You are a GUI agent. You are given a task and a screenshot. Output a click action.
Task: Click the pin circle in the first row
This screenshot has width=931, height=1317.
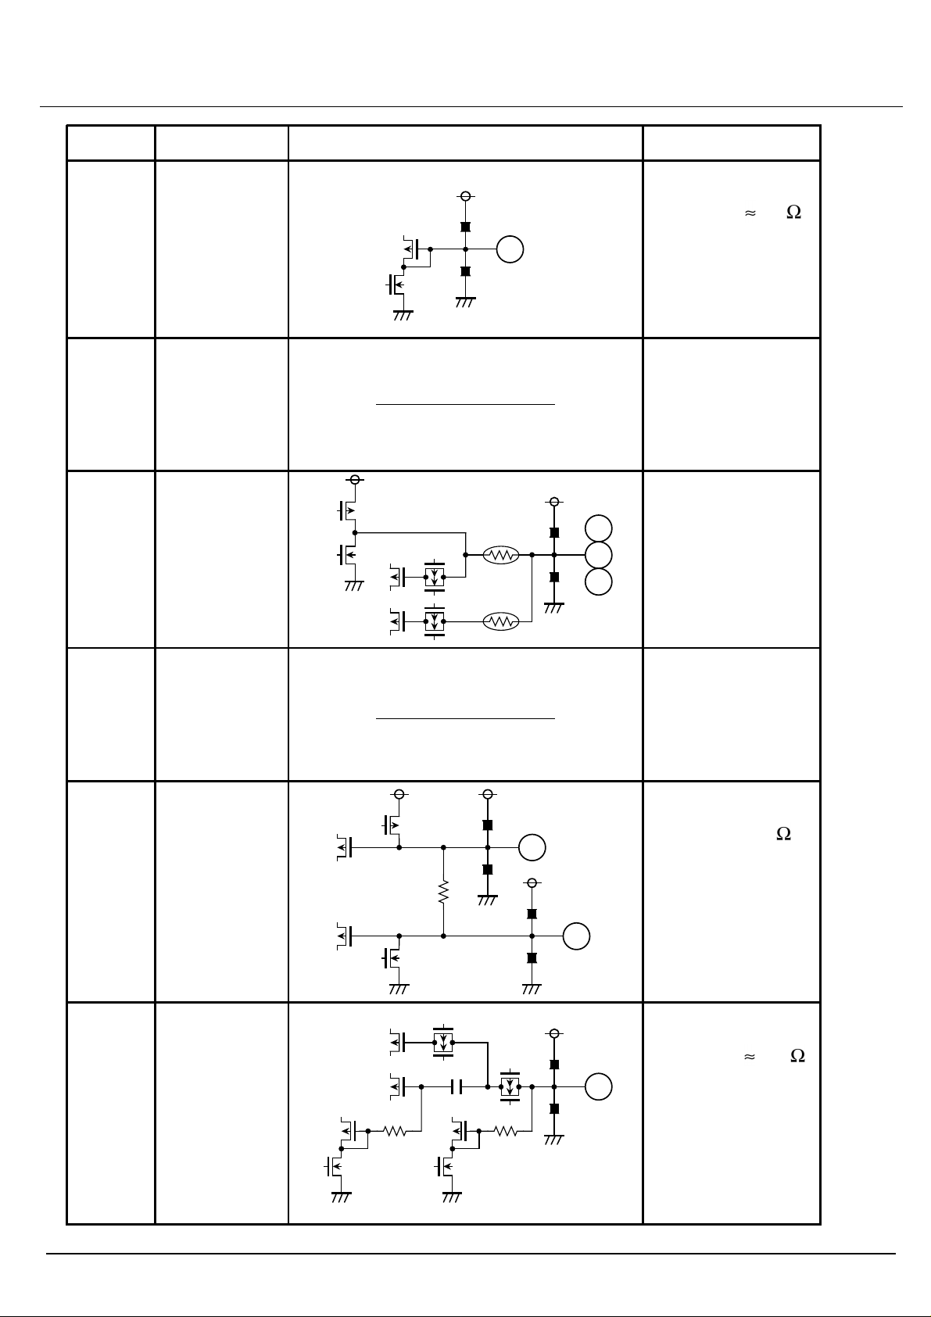pos(510,249)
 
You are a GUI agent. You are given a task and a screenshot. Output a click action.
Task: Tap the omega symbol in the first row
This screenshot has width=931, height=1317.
pos(793,213)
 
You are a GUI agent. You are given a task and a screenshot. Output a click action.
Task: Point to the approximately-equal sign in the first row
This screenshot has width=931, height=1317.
pos(749,213)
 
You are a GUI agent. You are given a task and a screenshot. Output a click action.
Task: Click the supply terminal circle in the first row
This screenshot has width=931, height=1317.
pos(465,196)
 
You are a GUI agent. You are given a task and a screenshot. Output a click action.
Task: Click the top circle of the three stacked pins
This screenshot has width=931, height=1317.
pos(599,528)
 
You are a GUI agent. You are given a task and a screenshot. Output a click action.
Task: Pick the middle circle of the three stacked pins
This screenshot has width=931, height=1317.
pos(599,555)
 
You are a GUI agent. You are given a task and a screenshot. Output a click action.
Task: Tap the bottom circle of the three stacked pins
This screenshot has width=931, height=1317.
pos(599,582)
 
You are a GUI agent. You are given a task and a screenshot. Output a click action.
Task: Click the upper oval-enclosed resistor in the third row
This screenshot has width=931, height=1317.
pos(502,555)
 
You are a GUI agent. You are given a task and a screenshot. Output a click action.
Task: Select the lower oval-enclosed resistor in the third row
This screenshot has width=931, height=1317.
pos(502,621)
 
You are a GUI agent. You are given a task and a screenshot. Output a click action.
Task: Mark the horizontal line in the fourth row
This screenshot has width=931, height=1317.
pos(465,718)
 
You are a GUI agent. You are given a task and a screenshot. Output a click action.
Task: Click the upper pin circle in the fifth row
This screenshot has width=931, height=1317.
pos(532,846)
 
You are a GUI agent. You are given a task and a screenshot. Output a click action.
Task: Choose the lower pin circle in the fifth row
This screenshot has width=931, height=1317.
pos(577,936)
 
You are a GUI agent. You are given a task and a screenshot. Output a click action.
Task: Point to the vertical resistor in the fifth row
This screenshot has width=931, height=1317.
pos(443,892)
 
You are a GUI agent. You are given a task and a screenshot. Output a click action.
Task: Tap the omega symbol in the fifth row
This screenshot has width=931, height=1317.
pos(783,835)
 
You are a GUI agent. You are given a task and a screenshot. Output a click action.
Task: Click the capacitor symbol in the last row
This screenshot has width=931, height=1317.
pos(458,1086)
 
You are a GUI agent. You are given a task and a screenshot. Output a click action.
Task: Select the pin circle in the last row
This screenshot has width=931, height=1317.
pos(599,1086)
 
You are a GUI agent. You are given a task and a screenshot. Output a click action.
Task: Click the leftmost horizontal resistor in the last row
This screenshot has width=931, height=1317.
pos(396,1130)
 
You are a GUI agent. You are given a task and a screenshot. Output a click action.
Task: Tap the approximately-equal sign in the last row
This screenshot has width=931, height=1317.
pos(749,1056)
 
